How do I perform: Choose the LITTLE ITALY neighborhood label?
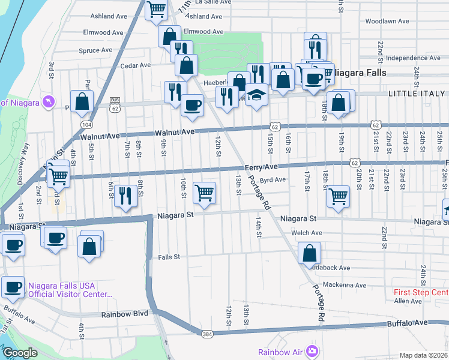point(417,94)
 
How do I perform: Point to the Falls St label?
point(169,257)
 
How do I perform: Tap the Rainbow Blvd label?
point(124,314)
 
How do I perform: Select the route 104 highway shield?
point(87,124)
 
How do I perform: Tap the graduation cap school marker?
point(256,95)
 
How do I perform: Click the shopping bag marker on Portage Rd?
point(309,253)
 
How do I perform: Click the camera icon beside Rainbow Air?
point(312,351)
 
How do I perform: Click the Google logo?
point(20,353)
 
